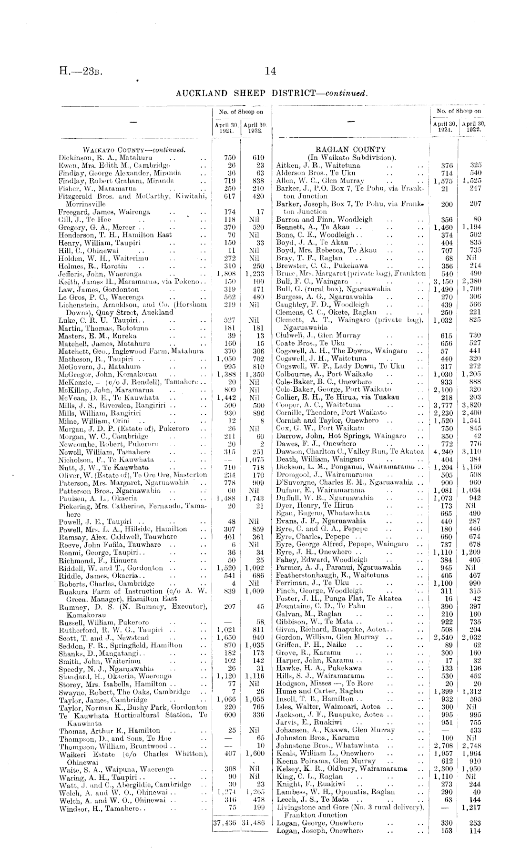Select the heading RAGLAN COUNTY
click(x=354, y=150)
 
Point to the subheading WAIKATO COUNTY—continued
click(x=122, y=149)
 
